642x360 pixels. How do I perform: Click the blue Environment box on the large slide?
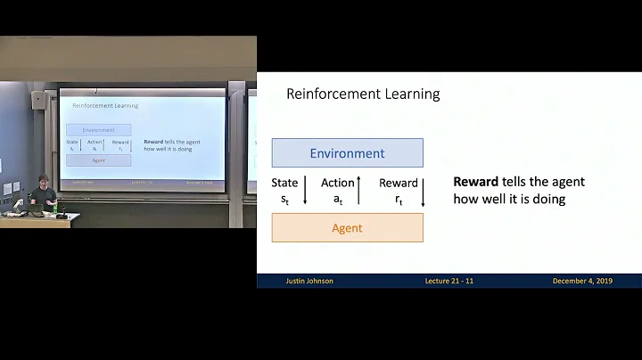pyautogui.click(x=347, y=153)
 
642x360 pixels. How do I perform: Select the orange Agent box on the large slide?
pyautogui.click(x=347, y=228)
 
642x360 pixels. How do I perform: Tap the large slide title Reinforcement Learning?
pyautogui.click(x=363, y=94)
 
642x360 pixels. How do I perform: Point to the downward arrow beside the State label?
pyautogui.click(x=305, y=191)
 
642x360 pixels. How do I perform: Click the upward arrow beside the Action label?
pyautogui.click(x=358, y=191)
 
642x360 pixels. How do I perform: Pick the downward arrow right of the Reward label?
pyautogui.click(x=423, y=191)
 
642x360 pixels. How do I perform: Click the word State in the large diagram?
pyautogui.click(x=284, y=183)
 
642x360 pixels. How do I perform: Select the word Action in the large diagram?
pyautogui.click(x=338, y=183)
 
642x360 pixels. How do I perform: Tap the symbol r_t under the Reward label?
pyautogui.click(x=399, y=200)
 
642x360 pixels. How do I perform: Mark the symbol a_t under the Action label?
pyautogui.click(x=338, y=200)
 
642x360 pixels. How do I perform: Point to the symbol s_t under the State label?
pyautogui.click(x=284, y=200)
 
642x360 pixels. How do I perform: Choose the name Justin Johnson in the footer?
pyautogui.click(x=309, y=281)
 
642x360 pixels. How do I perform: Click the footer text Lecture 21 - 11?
pyautogui.click(x=449, y=281)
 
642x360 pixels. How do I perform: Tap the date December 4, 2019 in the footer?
pyautogui.click(x=584, y=281)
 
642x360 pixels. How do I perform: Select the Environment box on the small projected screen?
pyautogui.click(x=99, y=130)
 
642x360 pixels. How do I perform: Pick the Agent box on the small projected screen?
pyautogui.click(x=99, y=160)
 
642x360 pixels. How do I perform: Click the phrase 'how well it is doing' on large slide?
pyautogui.click(x=509, y=199)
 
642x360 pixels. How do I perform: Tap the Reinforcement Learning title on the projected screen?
pyautogui.click(x=104, y=106)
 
